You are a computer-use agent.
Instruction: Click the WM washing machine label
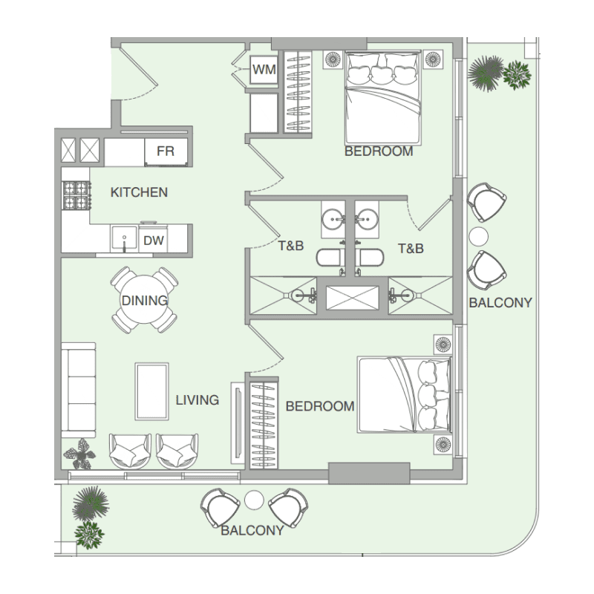pos(264,70)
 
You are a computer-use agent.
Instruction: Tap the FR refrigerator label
pos(166,151)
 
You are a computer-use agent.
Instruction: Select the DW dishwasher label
pos(154,240)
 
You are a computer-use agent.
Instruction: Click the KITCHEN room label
pos(139,192)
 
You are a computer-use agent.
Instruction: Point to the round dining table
pos(144,300)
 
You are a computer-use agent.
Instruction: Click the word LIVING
pos(198,400)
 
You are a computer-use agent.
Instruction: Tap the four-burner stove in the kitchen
pos(77,195)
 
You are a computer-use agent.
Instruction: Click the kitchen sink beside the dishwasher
pos(124,238)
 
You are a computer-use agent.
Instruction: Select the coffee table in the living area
pos(152,391)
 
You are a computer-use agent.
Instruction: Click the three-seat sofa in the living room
pos(79,391)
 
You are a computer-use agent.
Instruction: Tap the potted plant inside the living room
pos(79,454)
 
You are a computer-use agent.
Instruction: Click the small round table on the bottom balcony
pos(254,500)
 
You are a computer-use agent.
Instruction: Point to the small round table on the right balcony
pos(478,236)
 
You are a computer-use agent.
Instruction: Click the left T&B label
pos(291,246)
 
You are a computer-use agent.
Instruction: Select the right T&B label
pos(411,249)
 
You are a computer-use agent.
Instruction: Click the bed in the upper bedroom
pos(383,99)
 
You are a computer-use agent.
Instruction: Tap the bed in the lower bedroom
pos(405,394)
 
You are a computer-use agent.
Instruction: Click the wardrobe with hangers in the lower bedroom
pos(264,425)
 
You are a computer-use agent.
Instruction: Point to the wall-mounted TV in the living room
pos(238,422)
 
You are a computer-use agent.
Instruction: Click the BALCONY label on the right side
pos(500,303)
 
